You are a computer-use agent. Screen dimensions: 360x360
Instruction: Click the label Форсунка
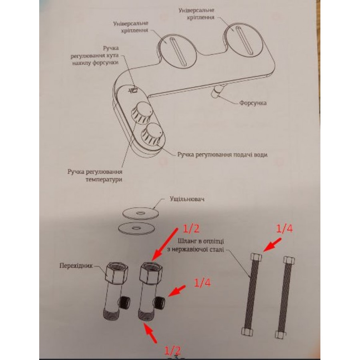pyautogui.click(x=253, y=103)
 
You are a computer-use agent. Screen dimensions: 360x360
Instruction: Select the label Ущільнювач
pyautogui.click(x=187, y=199)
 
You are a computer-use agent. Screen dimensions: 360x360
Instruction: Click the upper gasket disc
pyautogui.click(x=140, y=213)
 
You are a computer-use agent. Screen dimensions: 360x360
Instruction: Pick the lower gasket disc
pyautogui.click(x=136, y=228)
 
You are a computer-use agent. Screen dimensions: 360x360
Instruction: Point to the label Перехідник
pyautogui.click(x=76, y=266)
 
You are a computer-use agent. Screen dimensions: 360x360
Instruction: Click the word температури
pyautogui.click(x=104, y=179)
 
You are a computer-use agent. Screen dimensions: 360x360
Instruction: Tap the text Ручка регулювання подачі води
pyautogui.click(x=222, y=154)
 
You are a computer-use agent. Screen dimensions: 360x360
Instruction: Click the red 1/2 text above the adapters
pyautogui.click(x=191, y=228)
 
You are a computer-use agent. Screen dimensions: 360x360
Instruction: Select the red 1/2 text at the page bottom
pyautogui.click(x=172, y=350)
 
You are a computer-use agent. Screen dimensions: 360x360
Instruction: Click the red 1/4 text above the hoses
pyautogui.click(x=284, y=229)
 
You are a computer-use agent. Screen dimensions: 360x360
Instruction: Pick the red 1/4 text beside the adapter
pyautogui.click(x=202, y=283)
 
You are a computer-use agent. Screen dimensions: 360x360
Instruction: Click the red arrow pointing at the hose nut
pyautogui.click(x=272, y=245)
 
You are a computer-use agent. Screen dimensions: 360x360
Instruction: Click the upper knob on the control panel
pyautogui.click(x=141, y=112)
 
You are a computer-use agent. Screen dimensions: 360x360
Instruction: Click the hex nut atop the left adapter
pyautogui.click(x=117, y=273)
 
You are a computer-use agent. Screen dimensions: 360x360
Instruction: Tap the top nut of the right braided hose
pyautogui.click(x=289, y=260)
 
